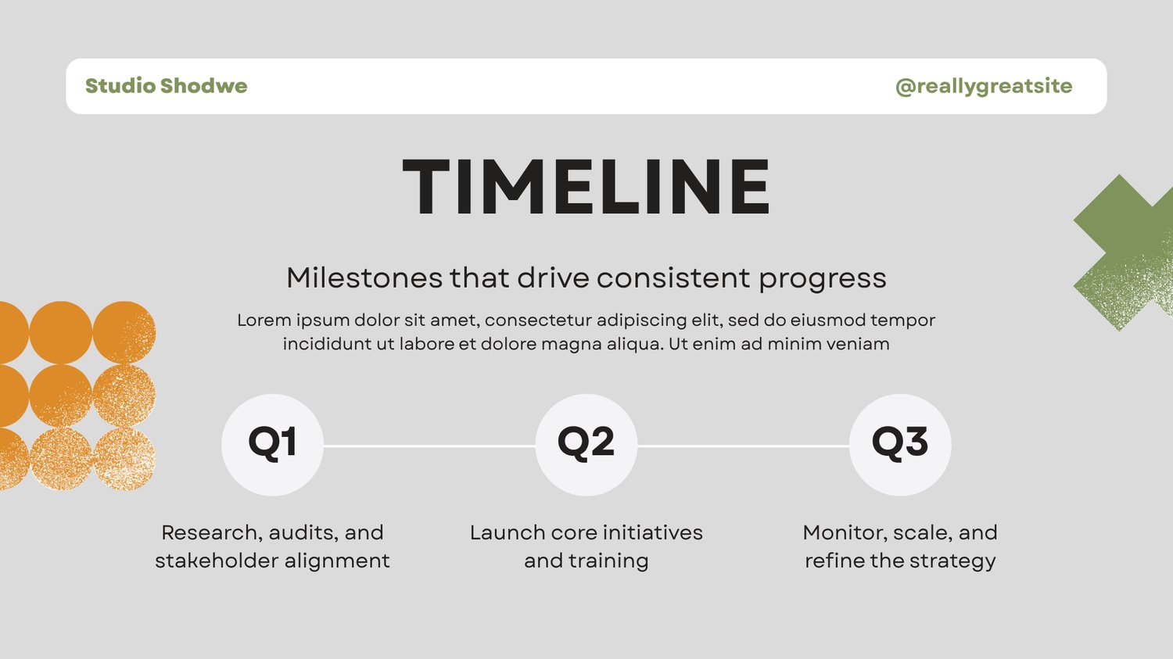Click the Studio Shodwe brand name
pyautogui.click(x=166, y=86)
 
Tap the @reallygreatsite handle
pyautogui.click(x=984, y=86)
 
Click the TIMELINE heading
pyautogui.click(x=586, y=186)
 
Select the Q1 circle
pyautogui.click(x=272, y=445)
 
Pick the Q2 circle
pyautogui.click(x=586, y=445)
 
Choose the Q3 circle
pyautogui.click(x=900, y=445)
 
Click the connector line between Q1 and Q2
pyautogui.click(x=429, y=446)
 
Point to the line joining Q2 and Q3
pyautogui.click(x=743, y=446)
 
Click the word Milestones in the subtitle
pyautogui.click(x=364, y=278)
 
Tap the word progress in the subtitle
pyautogui.click(x=823, y=279)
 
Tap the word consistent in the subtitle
pyautogui.click(x=673, y=278)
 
